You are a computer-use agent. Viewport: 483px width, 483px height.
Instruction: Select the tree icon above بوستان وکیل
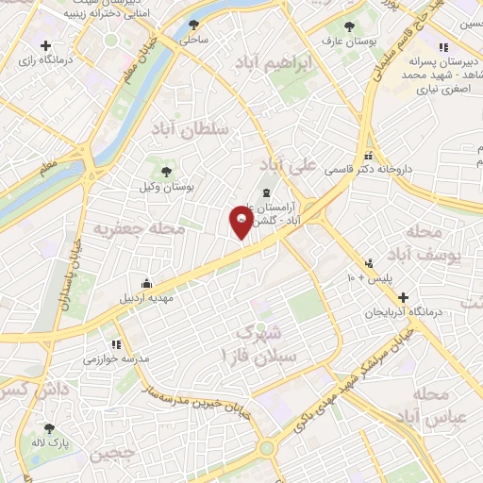click(167, 172)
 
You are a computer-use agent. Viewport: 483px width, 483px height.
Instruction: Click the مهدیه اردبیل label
click(147, 298)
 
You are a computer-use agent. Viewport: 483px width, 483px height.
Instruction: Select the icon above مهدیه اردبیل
click(147, 283)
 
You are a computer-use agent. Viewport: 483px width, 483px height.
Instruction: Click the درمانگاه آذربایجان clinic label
click(402, 311)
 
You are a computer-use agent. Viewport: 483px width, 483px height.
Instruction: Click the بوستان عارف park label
click(345, 41)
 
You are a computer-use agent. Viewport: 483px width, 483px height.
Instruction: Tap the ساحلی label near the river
click(193, 40)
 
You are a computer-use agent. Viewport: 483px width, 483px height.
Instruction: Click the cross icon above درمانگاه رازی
click(44, 44)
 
